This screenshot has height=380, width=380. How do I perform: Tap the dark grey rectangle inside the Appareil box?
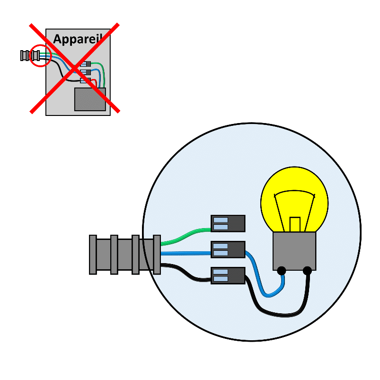pos(90,99)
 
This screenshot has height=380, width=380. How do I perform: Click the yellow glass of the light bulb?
pos(294,184)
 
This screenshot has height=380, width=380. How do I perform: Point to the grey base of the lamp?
pos(294,251)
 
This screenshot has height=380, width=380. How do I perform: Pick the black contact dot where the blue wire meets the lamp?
pos(282,271)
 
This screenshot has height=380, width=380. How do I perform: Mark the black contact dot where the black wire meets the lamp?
pos(307,271)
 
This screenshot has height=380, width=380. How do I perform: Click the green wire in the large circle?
pos(186,236)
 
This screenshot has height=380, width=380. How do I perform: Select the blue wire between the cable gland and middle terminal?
pos(186,254)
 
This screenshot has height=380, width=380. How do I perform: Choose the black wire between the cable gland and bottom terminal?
pos(186,272)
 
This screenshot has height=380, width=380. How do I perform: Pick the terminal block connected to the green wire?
pos(228,223)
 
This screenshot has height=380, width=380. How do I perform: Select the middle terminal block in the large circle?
pos(228,249)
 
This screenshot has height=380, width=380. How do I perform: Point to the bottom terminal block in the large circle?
pos(228,275)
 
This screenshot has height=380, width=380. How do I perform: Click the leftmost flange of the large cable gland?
pos(93,255)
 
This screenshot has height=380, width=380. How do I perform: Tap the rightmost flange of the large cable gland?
pos(157,255)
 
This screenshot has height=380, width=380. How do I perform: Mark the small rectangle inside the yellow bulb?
pos(295,224)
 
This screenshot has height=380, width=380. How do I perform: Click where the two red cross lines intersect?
pos(75,68)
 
